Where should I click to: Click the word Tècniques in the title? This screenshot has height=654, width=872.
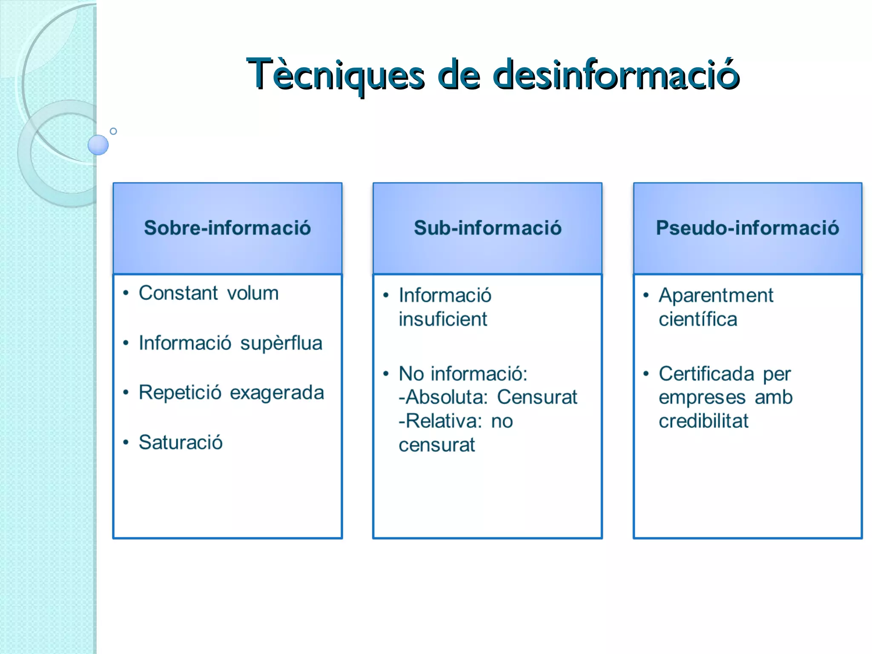tap(336, 75)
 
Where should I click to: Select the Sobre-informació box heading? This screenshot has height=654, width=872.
tap(227, 228)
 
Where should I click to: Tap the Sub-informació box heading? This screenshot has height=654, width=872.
tap(488, 228)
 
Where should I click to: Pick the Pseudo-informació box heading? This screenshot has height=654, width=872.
tap(747, 228)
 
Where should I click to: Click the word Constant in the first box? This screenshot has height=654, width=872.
tap(178, 293)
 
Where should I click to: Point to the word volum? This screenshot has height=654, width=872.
tap(253, 293)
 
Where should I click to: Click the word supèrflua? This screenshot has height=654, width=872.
tap(281, 344)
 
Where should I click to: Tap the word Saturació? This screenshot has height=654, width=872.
tap(181, 442)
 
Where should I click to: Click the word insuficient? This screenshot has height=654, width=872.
tap(443, 319)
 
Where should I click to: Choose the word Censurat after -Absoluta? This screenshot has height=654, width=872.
tap(537, 397)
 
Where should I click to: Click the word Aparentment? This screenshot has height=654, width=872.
tap(716, 295)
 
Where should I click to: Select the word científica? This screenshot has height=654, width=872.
tap(698, 319)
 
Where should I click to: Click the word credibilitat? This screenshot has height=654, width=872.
tap(703, 421)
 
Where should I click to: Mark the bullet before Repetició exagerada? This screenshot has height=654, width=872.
tap(126, 392)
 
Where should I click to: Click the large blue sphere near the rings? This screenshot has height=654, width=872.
tap(98, 145)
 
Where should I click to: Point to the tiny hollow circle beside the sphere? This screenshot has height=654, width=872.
tap(113, 131)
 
